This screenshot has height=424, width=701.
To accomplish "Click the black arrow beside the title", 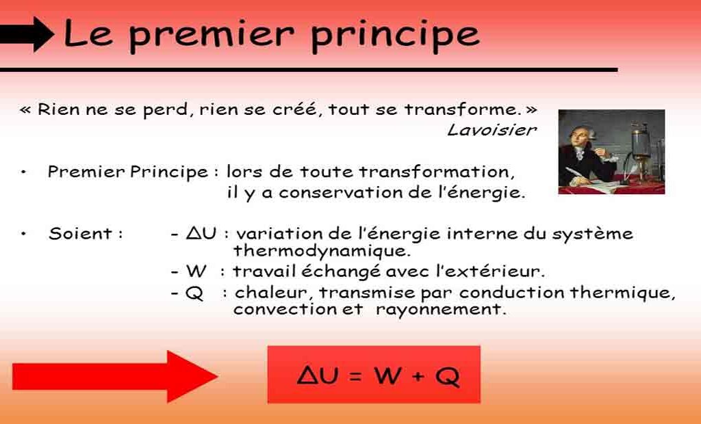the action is [27, 34].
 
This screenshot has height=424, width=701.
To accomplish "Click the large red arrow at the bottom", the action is [115, 376].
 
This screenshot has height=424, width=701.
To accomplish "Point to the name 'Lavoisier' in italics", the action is [492, 130].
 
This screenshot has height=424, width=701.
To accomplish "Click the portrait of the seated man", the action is [611, 151].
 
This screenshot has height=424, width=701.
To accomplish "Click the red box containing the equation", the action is [374, 374].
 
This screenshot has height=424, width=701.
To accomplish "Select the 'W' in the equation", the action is [387, 375].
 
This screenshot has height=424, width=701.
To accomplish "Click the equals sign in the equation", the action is [355, 375].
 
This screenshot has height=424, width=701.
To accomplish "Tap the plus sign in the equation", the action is [418, 375].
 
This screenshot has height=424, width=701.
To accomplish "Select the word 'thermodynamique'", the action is [322, 251].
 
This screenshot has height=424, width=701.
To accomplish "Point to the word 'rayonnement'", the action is [441, 309].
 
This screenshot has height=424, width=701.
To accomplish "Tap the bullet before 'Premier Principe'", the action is [24, 172].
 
